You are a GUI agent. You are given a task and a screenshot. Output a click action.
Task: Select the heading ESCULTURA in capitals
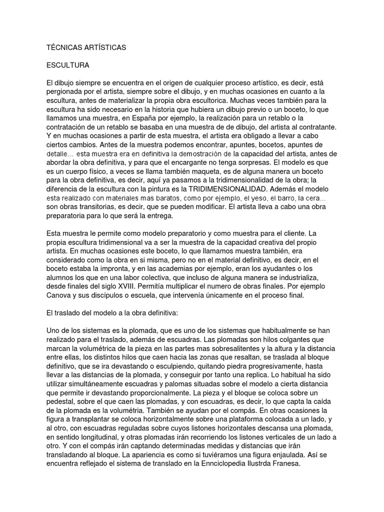coord(67,65)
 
